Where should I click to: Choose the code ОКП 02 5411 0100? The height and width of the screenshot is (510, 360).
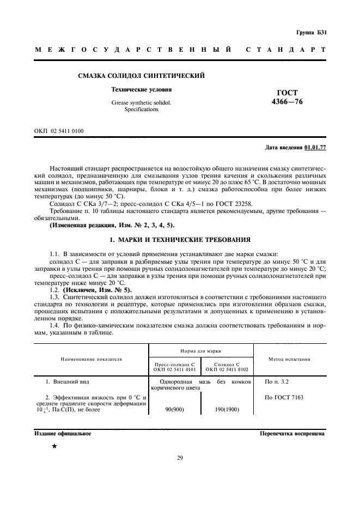[59, 131]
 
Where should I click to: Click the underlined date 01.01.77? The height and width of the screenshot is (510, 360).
[316, 148]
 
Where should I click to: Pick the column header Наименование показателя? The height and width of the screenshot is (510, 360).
[91, 359]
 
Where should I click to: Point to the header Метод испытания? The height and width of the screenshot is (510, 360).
[290, 359]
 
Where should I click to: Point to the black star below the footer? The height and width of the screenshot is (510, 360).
[54, 446]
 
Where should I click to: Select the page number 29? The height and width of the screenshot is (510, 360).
[180, 458]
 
